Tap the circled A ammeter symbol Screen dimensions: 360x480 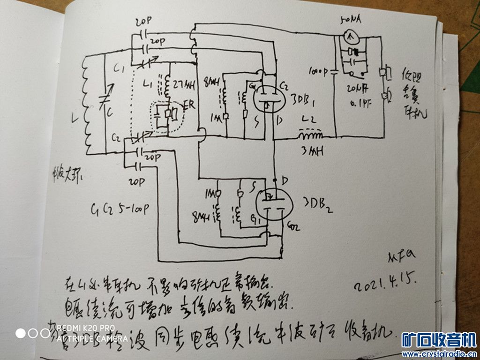tap(349, 35)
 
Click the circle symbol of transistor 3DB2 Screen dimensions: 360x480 tap(270, 202)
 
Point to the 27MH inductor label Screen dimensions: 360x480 tap(183, 85)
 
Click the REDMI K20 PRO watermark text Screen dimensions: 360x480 tap(85, 328)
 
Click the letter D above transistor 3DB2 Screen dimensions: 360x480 tap(285, 180)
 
